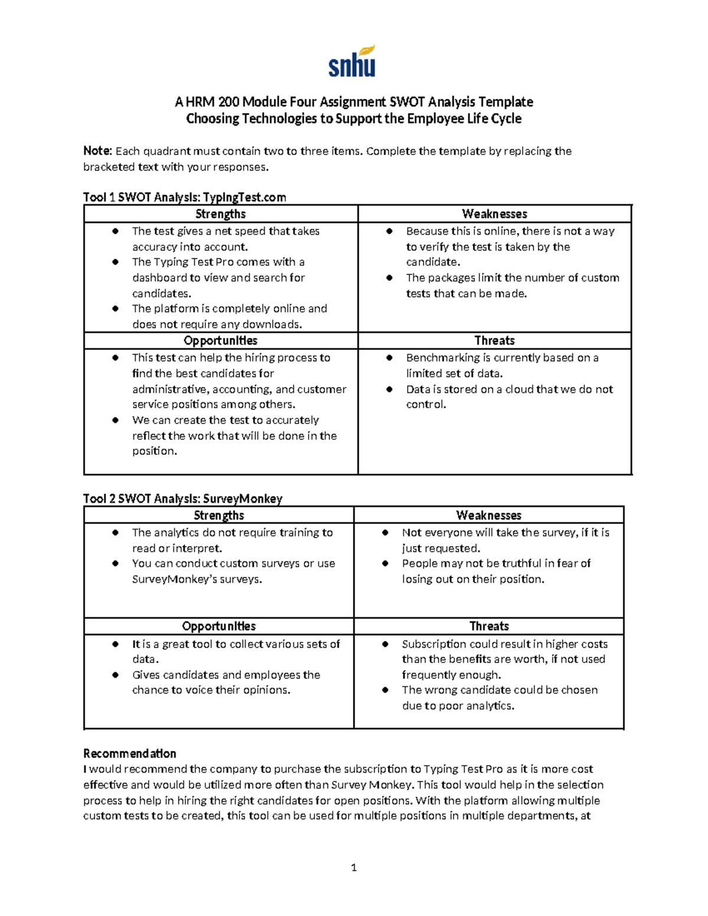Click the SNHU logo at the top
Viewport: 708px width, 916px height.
pos(352,62)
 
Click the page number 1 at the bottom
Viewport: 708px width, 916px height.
pos(353,867)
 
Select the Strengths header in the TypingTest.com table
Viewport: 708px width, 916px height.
pos(221,214)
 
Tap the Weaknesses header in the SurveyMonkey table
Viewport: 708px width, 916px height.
pos(489,516)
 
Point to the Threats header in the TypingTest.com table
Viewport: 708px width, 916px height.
pos(494,341)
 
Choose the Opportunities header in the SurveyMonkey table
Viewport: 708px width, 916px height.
pos(219,626)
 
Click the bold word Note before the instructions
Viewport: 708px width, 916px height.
pos(97,151)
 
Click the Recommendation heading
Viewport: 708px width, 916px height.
pos(130,754)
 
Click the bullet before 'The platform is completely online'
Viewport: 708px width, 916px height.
pos(116,308)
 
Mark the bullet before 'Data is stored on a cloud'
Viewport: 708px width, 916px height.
pos(389,389)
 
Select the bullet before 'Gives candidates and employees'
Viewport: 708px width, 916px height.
pos(116,675)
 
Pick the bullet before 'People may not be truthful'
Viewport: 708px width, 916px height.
pos(385,563)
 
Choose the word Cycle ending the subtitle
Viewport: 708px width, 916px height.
pos(506,119)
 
